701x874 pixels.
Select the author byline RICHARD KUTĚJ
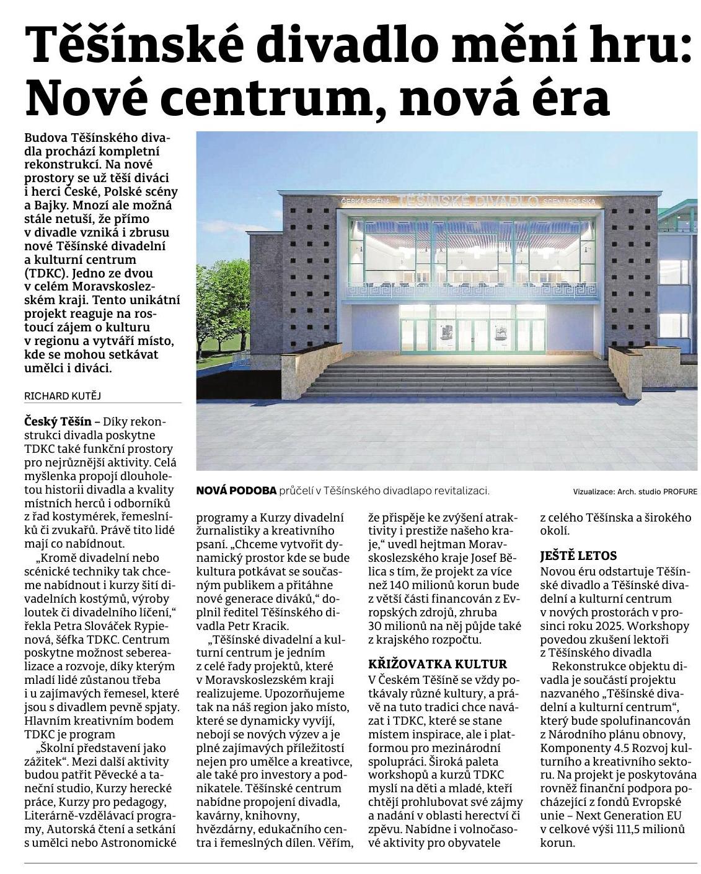61,395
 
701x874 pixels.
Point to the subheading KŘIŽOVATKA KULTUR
438,664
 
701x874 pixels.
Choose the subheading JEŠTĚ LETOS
578,556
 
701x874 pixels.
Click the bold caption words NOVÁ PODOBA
236,491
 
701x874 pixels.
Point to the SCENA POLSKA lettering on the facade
568,202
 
